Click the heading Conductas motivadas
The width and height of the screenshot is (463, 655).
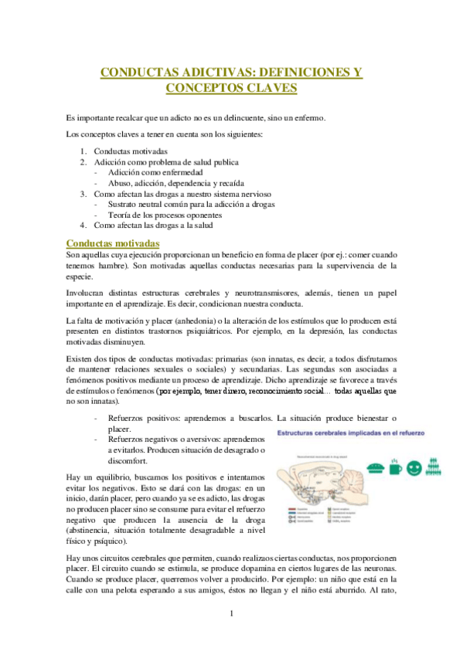coord(113,243)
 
